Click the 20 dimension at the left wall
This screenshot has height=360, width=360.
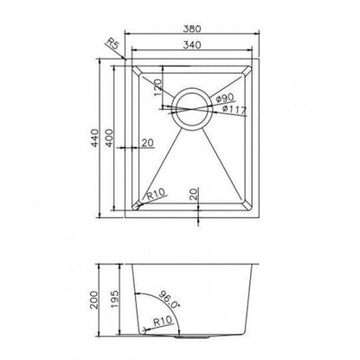[146, 143]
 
